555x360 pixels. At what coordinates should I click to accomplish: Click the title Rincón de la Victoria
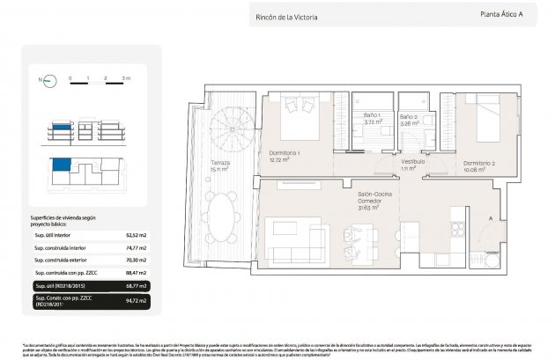pos(286,17)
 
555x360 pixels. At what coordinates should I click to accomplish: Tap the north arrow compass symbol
pos(42,81)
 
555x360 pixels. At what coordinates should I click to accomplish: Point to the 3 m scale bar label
pos(125,77)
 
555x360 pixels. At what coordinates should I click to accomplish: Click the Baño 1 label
pos(373,117)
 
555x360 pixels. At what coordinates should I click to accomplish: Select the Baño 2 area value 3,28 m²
pos(409,124)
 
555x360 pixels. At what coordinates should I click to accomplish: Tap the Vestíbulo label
pos(413,161)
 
